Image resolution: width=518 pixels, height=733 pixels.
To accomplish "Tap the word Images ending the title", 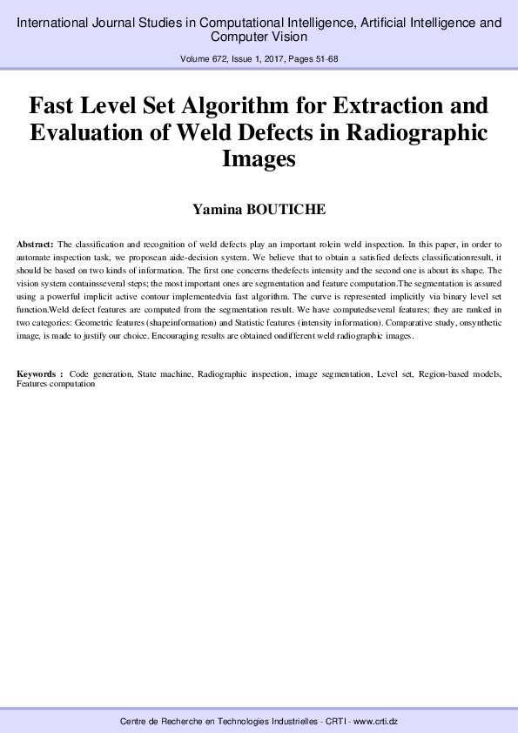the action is tap(259, 160).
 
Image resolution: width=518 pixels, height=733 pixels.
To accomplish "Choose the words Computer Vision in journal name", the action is tap(259, 37).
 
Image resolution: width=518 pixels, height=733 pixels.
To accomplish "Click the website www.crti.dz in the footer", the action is tap(372, 723).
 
